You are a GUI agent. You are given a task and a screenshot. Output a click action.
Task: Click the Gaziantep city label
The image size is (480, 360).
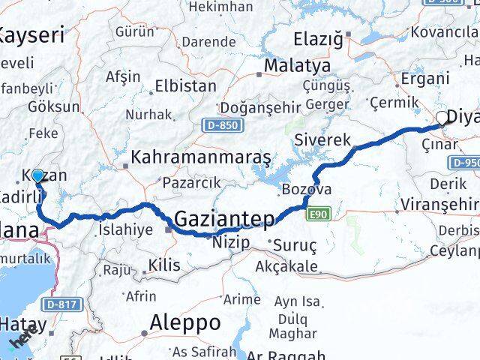224,218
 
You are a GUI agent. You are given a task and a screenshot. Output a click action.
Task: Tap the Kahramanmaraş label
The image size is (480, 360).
200,157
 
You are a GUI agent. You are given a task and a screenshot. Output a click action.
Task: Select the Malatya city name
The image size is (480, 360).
297,66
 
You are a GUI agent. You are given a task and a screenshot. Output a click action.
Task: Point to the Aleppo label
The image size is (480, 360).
185,322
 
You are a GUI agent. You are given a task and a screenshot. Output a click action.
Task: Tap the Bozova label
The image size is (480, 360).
307,187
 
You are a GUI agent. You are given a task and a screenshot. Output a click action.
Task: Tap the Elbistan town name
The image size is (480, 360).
185,86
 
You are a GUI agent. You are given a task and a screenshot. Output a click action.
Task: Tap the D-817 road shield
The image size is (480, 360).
61,304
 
